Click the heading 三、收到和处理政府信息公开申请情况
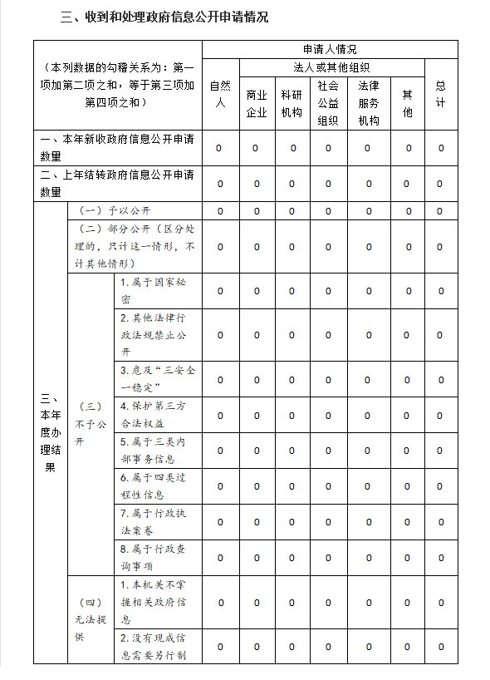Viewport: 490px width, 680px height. (164, 17)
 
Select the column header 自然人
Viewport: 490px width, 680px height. (220, 94)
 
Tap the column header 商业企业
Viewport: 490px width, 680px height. (257, 103)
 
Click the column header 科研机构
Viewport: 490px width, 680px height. (292, 103)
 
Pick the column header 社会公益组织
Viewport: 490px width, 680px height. (328, 102)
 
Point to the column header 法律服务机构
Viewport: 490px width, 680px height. (369, 103)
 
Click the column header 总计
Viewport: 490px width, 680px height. (440, 94)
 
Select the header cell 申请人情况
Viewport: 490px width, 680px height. (330, 49)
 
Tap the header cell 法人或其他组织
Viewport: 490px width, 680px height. (331, 67)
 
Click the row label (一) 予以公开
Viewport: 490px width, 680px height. (115, 210)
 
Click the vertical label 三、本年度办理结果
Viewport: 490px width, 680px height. (50, 432)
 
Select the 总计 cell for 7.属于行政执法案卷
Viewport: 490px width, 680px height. (440, 522)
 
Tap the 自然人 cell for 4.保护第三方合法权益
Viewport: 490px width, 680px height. (220, 415)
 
